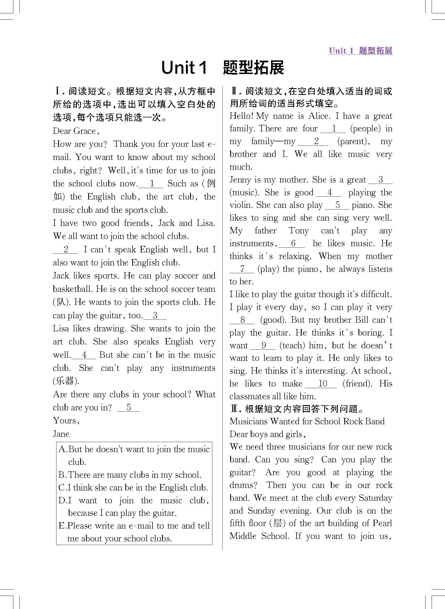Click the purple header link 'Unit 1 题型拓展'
(360, 51)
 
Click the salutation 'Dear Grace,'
(76, 131)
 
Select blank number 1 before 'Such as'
(152, 184)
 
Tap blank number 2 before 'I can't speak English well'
(66, 249)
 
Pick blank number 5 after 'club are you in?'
(128, 408)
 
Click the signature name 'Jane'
(61, 434)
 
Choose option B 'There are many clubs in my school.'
(130, 475)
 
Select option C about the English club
(133, 487)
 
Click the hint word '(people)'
(365, 129)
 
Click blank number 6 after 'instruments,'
(293, 243)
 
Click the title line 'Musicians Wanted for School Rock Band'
(307, 421)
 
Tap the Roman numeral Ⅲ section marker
(235, 409)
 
